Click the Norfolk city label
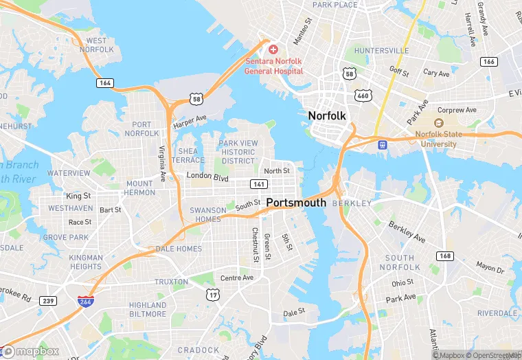tap(327, 115)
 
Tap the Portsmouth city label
tap(295, 203)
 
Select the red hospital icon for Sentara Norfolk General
tap(273, 49)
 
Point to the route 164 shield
tap(104, 82)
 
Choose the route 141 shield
tap(259, 184)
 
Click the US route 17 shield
tap(212, 294)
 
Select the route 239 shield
tap(47, 300)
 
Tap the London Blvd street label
tap(207, 177)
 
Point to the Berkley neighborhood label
tap(351, 203)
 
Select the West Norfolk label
tap(96, 45)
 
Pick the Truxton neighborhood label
tap(171, 282)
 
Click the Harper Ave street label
tap(190, 122)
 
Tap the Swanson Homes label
tap(207, 214)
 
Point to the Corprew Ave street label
tap(457, 109)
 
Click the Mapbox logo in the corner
tap(30, 351)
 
